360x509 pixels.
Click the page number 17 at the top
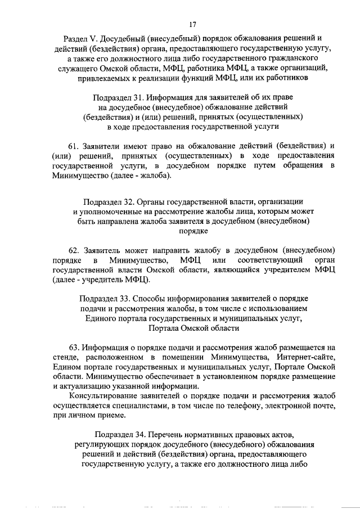point(192,24)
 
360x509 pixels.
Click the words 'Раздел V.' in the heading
point(80,38)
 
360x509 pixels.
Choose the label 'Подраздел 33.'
point(105,298)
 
